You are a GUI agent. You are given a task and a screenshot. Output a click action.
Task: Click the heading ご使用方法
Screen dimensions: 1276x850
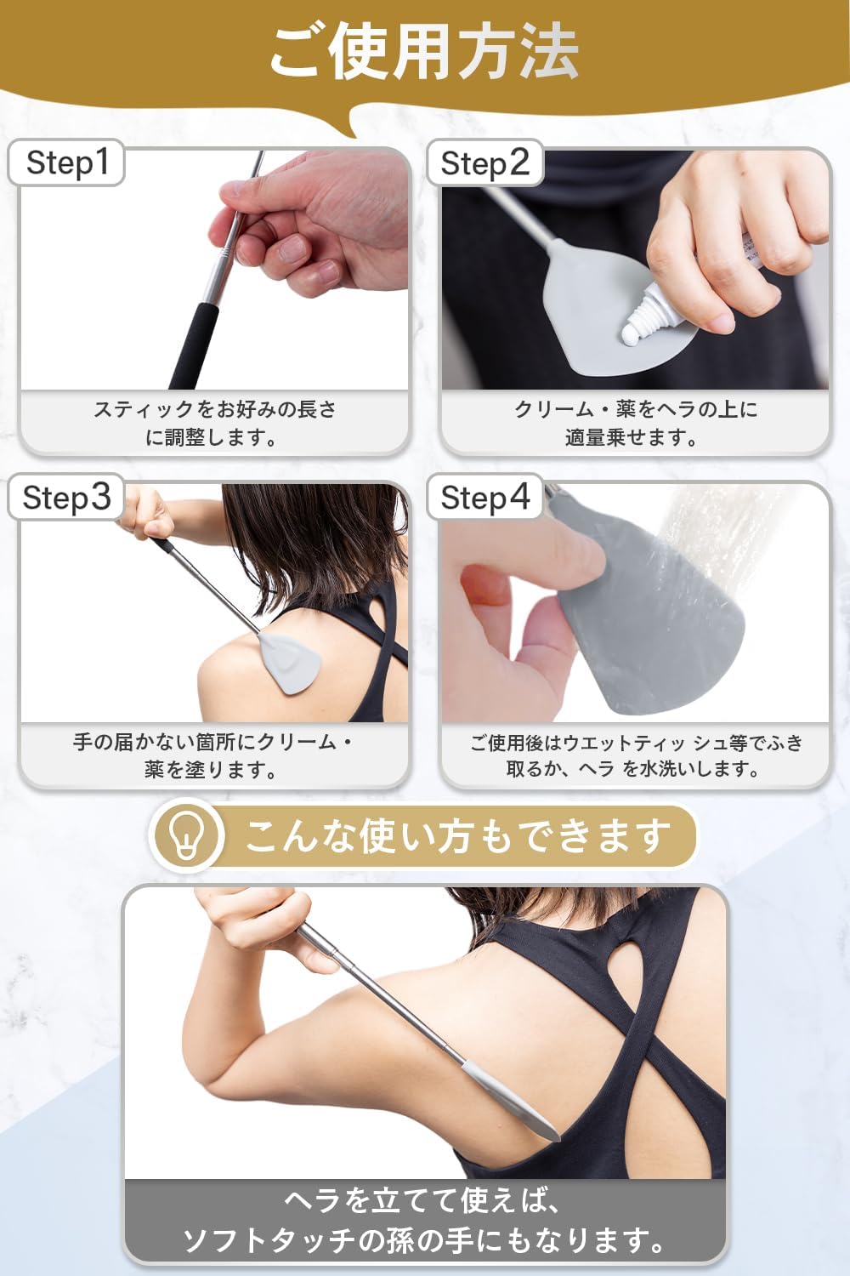pyautogui.click(x=424, y=53)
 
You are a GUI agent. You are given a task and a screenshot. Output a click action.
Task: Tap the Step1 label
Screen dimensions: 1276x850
pyautogui.click(x=67, y=162)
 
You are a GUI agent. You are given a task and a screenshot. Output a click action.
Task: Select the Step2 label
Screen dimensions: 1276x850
pyautogui.click(x=484, y=163)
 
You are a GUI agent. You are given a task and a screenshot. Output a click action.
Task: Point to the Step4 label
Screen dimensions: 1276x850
pyautogui.click(x=484, y=498)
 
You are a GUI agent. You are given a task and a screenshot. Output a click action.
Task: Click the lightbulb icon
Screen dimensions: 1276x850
pyautogui.click(x=188, y=835)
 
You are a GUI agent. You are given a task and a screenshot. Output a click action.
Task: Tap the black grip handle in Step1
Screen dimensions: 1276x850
pyautogui.click(x=194, y=345)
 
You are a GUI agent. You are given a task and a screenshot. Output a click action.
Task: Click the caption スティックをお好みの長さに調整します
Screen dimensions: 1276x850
pyautogui.click(x=214, y=424)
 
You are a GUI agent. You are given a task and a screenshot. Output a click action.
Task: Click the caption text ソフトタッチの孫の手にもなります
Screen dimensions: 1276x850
pyautogui.click(x=425, y=1241)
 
